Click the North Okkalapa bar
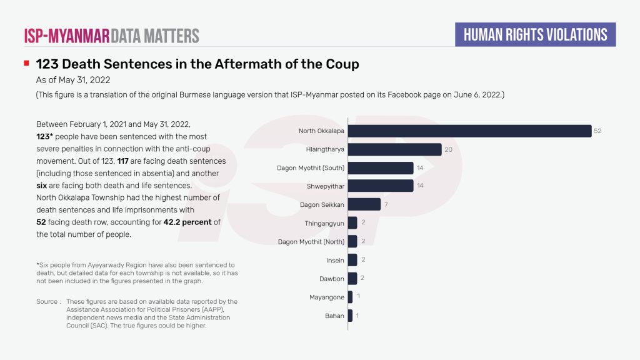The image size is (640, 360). click(x=469, y=131)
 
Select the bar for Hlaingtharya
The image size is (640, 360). click(x=394, y=149)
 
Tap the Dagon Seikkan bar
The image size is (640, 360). click(x=364, y=204)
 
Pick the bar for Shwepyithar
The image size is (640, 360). click(x=381, y=186)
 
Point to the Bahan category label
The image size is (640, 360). click(x=334, y=316)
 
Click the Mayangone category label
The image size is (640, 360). click(x=327, y=297)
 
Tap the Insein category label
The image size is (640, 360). click(x=335, y=260)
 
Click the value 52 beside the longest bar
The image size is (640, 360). click(x=597, y=131)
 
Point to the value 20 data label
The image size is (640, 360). click(x=448, y=149)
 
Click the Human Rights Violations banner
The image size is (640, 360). click(x=535, y=34)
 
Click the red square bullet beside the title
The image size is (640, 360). click(x=26, y=64)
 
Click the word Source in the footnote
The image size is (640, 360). click(x=47, y=302)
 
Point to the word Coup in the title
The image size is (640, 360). click(x=342, y=64)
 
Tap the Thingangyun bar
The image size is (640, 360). click(x=352, y=223)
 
